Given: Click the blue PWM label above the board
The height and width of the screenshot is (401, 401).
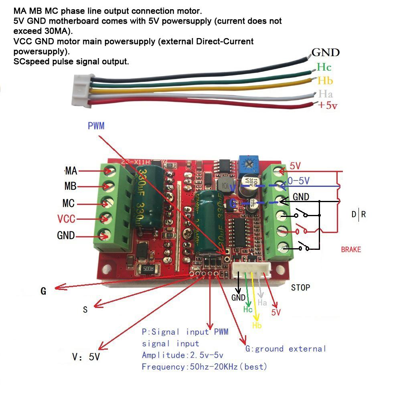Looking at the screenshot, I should tap(96, 126).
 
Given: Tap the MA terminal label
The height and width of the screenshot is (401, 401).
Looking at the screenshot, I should tap(71, 171).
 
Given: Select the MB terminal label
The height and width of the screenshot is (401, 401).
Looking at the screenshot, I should tap(70, 187).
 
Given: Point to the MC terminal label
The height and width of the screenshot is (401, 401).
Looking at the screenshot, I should tap(69, 203).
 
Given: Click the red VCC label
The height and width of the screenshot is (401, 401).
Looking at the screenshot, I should tap(66, 219).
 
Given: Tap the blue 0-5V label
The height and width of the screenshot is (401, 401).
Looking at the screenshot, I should tap(299, 181).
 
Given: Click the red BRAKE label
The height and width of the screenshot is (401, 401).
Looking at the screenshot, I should tap(351, 249).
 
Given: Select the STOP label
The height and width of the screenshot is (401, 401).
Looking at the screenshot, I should tap(300, 288).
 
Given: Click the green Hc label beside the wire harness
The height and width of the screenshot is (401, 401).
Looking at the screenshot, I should tap(324, 67).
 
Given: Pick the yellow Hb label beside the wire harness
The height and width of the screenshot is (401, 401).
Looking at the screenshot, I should tap(325, 81).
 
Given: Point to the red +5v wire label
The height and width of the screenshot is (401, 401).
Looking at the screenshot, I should tap(327, 106).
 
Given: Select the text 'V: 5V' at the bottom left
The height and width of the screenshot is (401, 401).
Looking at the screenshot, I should tap(86, 356).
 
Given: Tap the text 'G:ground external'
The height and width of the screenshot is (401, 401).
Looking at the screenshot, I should tap(286, 349).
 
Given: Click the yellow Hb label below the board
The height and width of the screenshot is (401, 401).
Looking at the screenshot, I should tap(257, 325).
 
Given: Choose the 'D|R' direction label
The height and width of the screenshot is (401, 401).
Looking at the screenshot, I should tap(358, 214).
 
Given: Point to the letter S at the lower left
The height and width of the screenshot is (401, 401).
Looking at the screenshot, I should tap(85, 310).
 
